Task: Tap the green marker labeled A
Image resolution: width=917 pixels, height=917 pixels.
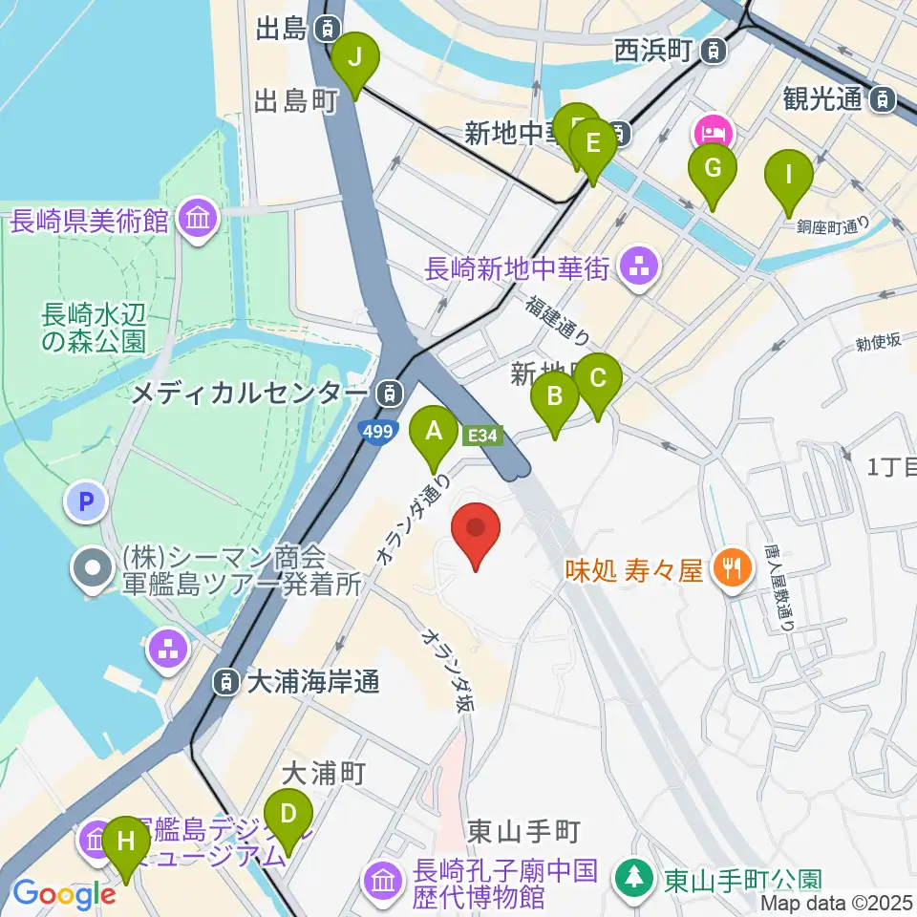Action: click(434, 432)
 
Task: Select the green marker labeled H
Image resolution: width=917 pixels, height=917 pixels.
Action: click(125, 843)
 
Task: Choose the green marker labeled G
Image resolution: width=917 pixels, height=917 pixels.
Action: click(713, 169)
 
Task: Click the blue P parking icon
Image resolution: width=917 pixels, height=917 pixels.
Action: click(87, 501)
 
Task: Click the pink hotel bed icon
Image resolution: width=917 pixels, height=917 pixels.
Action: click(714, 130)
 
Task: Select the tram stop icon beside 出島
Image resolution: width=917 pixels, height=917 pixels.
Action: click(329, 29)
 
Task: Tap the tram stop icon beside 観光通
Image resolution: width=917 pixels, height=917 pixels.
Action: click(885, 96)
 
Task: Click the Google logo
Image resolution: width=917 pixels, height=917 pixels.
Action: click(65, 893)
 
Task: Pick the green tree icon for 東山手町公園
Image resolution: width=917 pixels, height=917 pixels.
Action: click(633, 876)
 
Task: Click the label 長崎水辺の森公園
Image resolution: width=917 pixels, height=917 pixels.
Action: click(93, 327)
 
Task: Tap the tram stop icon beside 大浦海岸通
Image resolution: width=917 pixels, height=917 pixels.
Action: click(226, 682)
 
